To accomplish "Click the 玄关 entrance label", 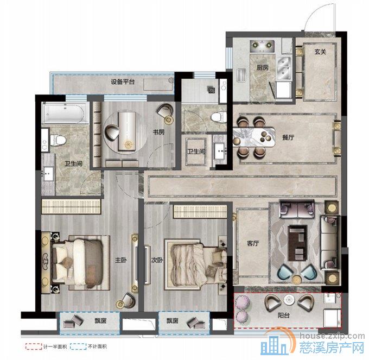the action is tap(320, 52).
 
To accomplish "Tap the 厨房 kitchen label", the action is tap(263, 67).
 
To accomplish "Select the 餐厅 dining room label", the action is tap(288, 137).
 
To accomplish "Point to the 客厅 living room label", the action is tap(253, 243).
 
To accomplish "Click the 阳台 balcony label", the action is tap(284, 315).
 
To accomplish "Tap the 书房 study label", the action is tap(159, 132).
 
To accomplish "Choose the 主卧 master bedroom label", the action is tap(121, 260).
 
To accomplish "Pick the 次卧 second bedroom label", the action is tap(157, 260).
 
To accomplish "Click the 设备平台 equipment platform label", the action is tap(123, 81).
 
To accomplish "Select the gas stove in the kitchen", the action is tap(262, 46).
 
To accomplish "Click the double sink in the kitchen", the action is tap(284, 68).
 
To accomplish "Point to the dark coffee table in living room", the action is tap(298, 243).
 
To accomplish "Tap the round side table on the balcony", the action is tap(289, 300).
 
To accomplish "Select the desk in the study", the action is tap(127, 131).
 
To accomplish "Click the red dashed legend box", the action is tap(34, 346).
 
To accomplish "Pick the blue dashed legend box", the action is tap(78, 346).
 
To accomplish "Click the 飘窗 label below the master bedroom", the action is tap(100, 320).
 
